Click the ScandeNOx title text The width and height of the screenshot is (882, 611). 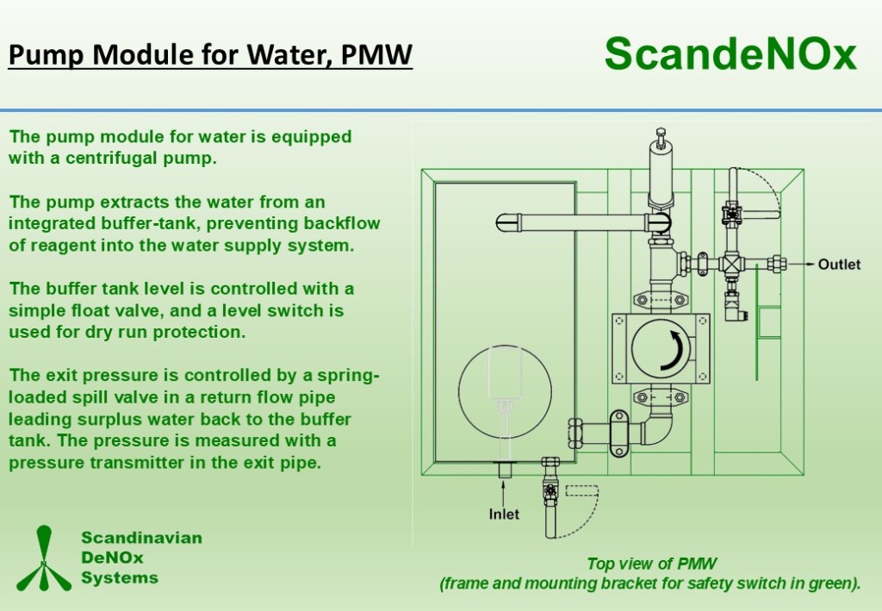coord(730,54)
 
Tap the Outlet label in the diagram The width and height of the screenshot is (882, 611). coord(838,265)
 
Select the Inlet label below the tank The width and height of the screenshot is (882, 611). coord(504,514)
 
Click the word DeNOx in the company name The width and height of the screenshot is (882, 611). coord(112,558)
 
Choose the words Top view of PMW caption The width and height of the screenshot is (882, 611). coord(651,564)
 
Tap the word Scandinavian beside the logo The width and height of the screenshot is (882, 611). coord(141,539)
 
